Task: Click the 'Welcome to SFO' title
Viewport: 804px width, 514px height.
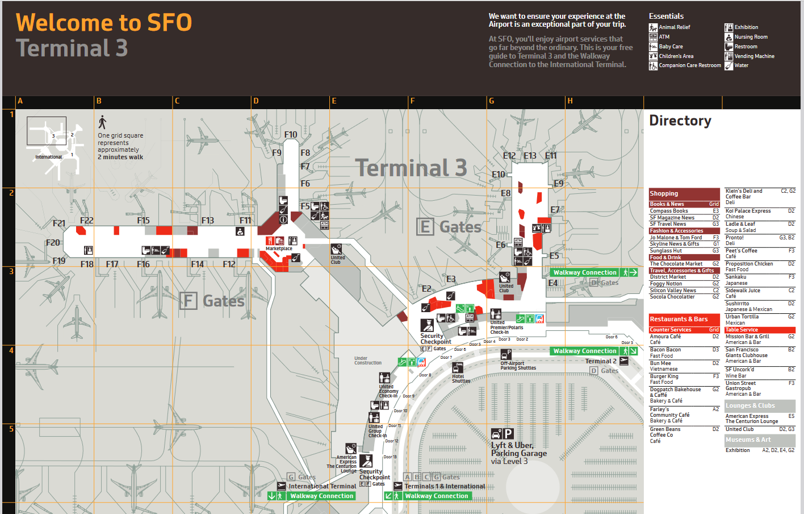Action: coord(104,23)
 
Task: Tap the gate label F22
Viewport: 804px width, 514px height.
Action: coord(87,221)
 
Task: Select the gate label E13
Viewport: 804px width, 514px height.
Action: coord(530,156)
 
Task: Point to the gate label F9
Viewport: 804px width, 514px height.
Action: coord(277,153)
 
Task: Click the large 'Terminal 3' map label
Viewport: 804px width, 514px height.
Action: coord(411,168)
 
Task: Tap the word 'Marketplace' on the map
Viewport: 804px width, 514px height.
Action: coord(279,248)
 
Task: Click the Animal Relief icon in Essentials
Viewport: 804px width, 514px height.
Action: coord(653,27)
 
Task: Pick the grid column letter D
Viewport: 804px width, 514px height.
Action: coord(256,101)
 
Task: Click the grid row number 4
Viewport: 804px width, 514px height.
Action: coord(11,350)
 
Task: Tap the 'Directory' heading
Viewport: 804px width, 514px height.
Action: coord(680,121)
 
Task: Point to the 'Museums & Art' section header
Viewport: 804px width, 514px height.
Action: coord(748,440)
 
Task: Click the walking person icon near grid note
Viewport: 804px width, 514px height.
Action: coord(102,122)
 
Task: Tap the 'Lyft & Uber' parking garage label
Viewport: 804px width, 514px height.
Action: coord(512,445)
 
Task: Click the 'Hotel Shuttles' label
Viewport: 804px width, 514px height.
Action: coord(459,379)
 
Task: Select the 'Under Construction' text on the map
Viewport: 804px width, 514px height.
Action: coord(368,360)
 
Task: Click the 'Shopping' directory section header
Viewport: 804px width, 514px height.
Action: coord(664,193)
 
